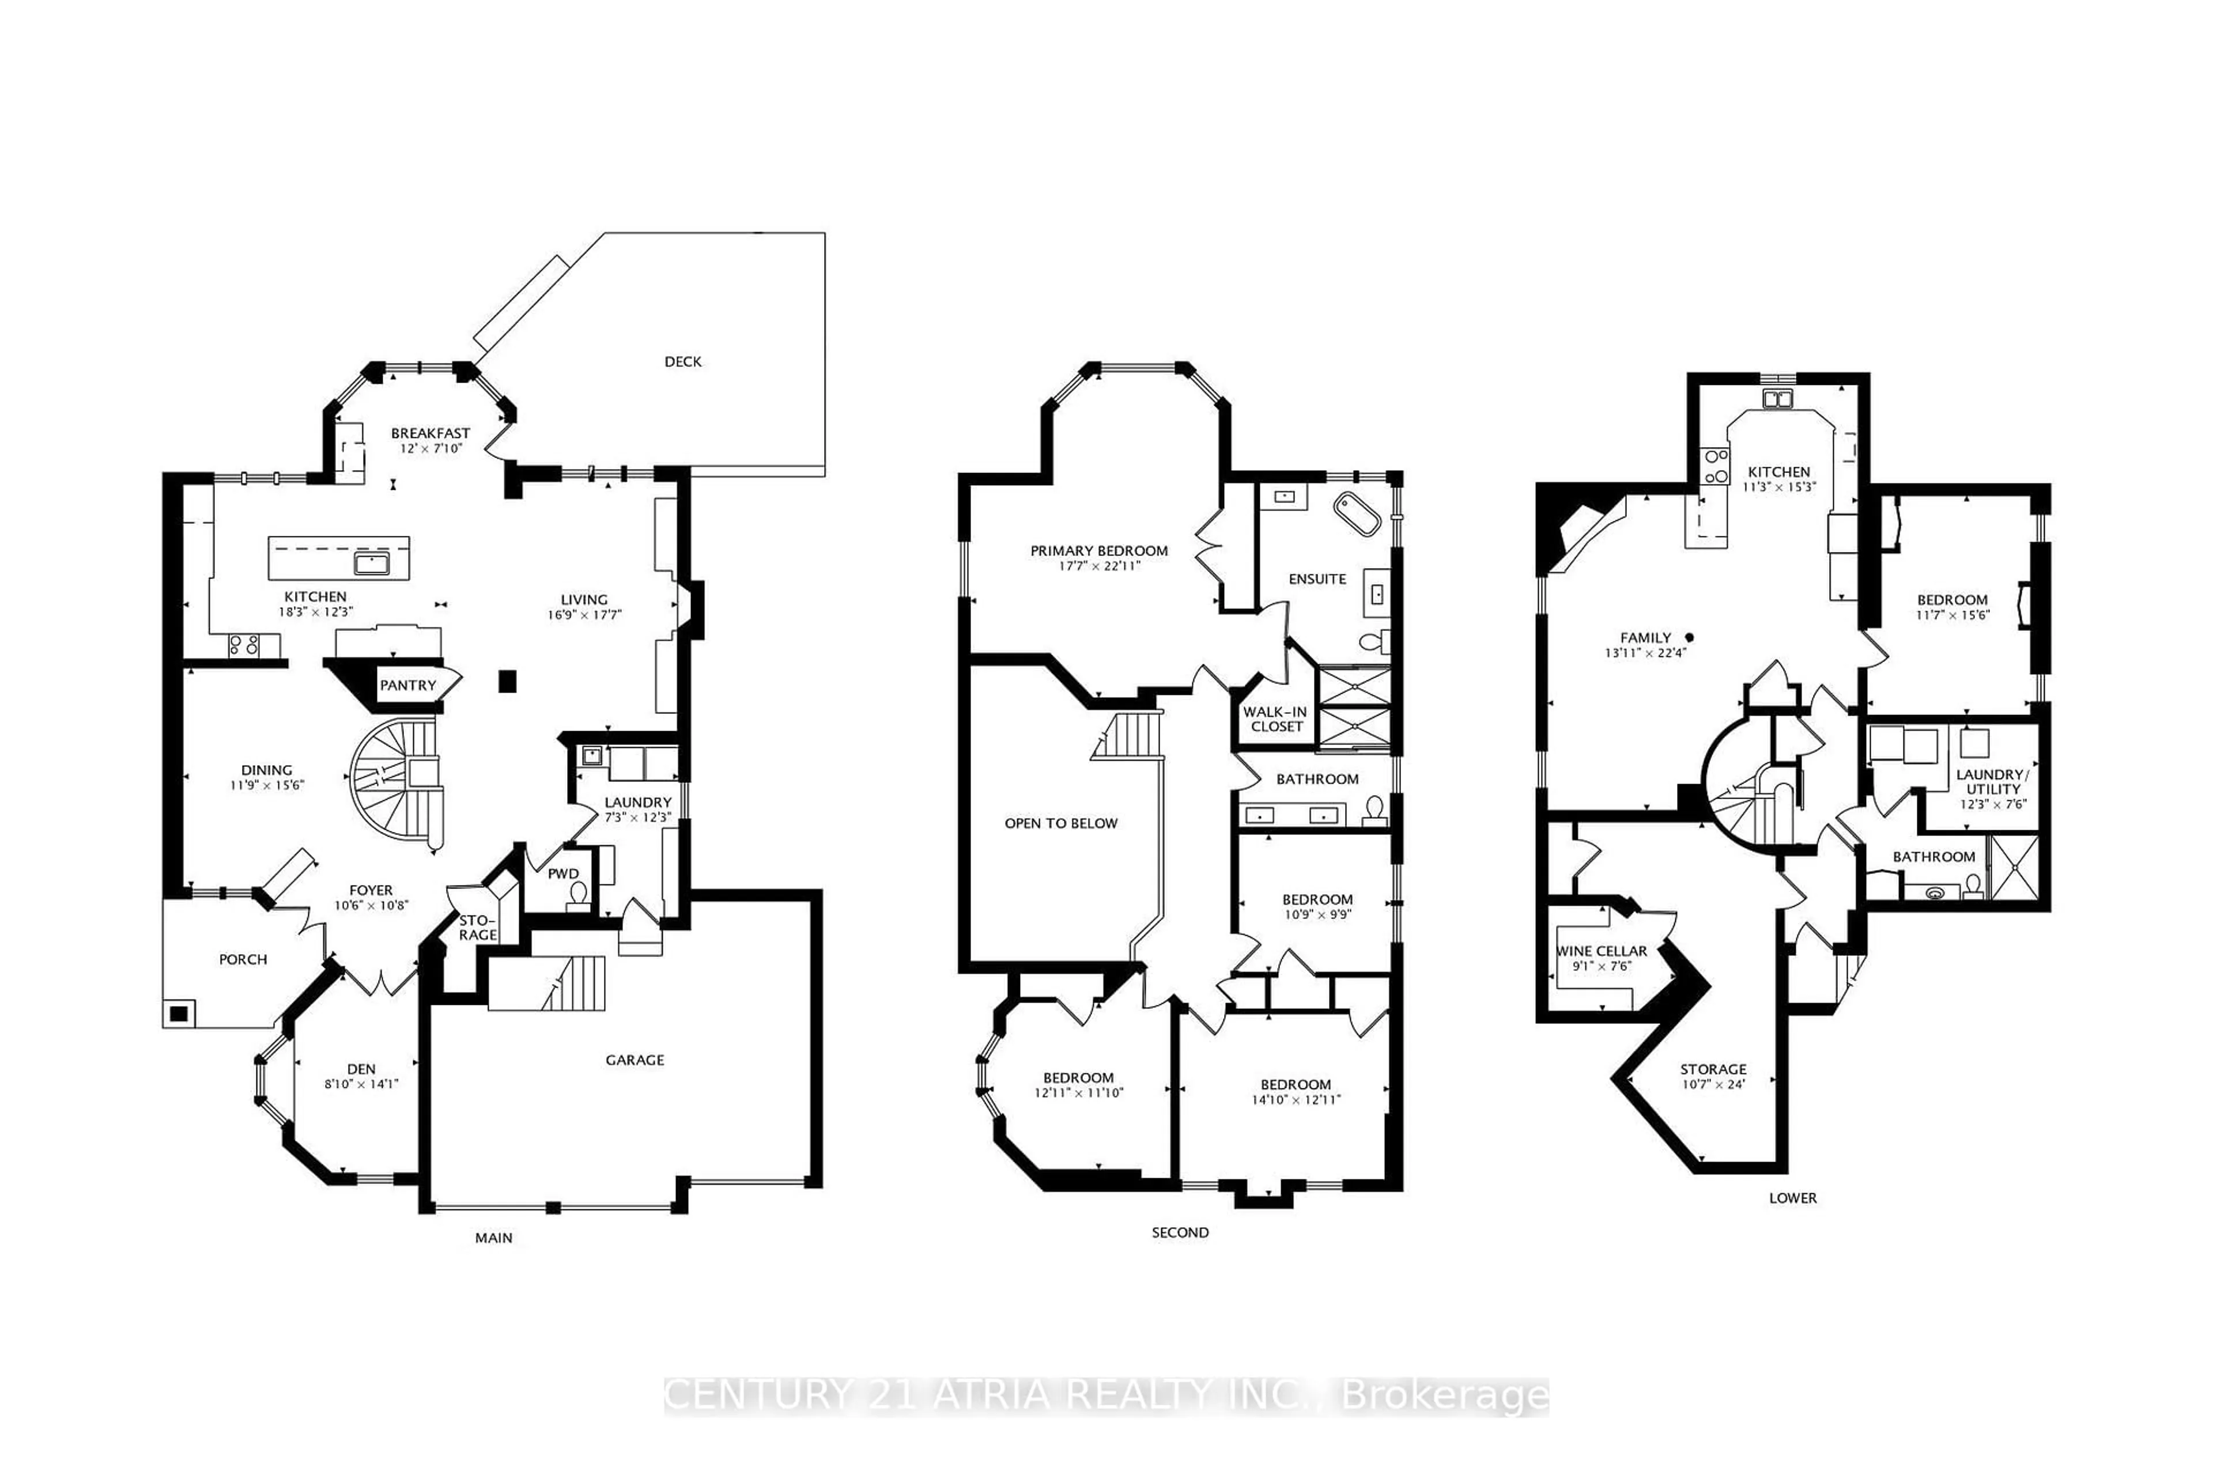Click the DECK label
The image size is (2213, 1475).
tap(682, 361)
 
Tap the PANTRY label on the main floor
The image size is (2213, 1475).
tap(407, 685)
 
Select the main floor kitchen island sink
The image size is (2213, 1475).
tap(372, 563)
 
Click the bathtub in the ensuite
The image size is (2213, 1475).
tap(1356, 513)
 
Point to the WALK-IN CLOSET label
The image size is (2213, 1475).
tap(1276, 718)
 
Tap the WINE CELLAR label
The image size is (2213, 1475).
tap(1602, 951)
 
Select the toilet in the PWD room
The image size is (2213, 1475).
tap(577, 894)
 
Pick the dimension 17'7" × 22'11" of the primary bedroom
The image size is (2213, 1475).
tap(1099, 566)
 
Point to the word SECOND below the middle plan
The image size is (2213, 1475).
tap(1180, 1232)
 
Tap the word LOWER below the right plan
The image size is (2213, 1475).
tap(1792, 1197)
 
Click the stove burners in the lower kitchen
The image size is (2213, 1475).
tap(1714, 467)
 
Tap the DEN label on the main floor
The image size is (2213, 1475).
tap(361, 1069)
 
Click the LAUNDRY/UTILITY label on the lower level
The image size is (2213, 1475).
tap(1993, 782)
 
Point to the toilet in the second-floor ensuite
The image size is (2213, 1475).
tap(1373, 642)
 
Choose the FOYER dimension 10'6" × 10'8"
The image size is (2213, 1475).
tap(371, 906)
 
